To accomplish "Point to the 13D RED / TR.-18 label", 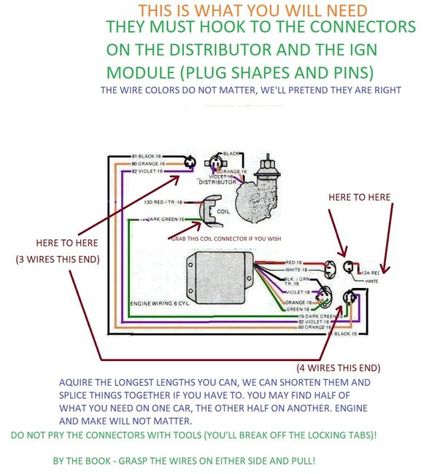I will [163, 201].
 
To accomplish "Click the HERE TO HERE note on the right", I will [359, 198].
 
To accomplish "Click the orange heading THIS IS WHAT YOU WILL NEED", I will [252, 11].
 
